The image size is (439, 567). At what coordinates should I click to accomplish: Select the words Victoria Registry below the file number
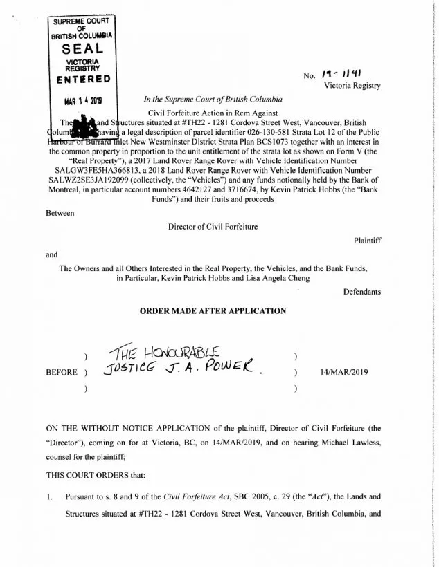pyautogui.click(x=352, y=85)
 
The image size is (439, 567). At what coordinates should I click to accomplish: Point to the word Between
pyautogui.click(x=60, y=214)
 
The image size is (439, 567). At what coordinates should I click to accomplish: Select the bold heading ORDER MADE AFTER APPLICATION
pyautogui.click(x=213, y=311)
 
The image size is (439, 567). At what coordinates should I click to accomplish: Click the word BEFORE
pyautogui.click(x=61, y=371)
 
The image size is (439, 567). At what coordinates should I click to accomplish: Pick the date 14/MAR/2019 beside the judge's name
pyautogui.click(x=345, y=371)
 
